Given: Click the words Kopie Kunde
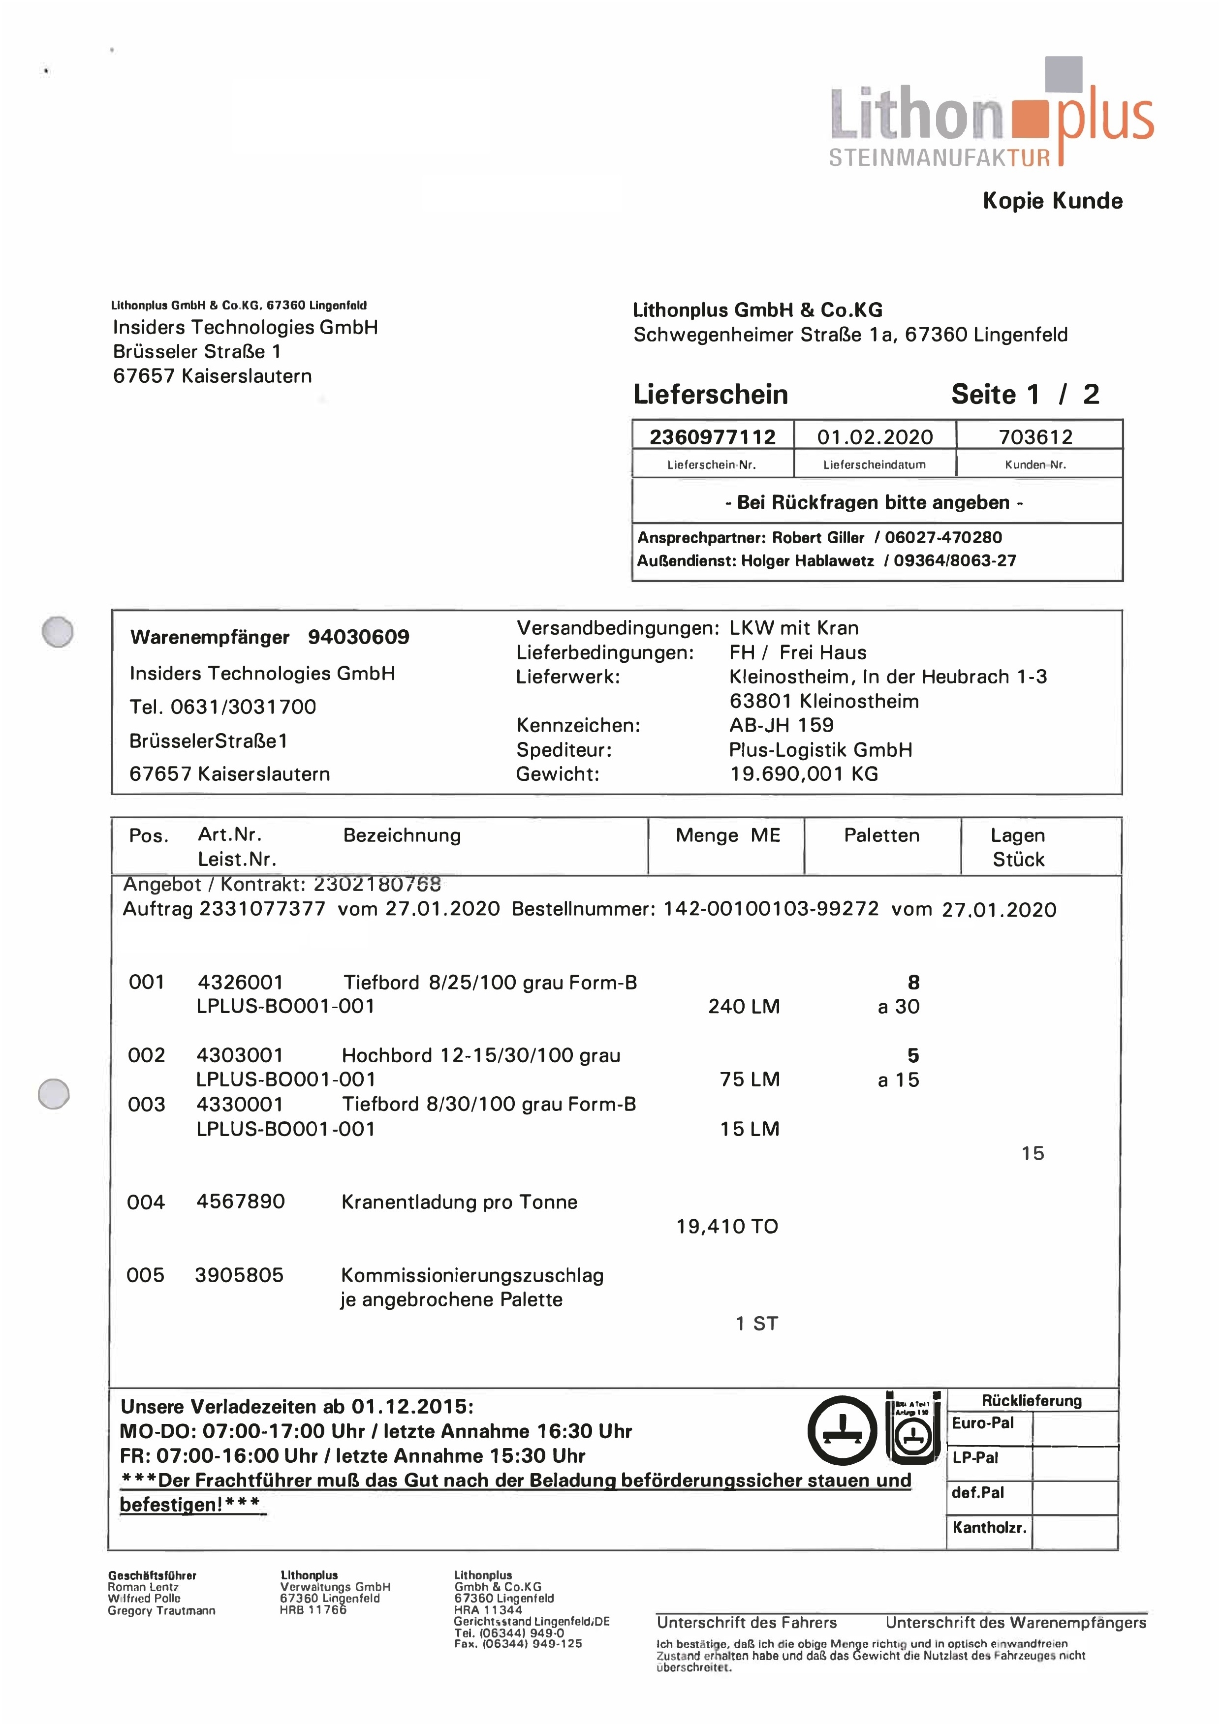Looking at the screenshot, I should [1052, 201].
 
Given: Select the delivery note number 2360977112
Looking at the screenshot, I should [712, 437].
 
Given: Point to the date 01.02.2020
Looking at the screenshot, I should [875, 437].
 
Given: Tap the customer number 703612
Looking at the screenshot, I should [1035, 437].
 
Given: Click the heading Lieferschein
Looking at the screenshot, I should [710, 394].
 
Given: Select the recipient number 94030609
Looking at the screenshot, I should [358, 637].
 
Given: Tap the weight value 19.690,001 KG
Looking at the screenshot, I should [804, 774].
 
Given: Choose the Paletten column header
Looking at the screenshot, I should [881, 835].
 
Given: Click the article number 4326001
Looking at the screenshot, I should [240, 982].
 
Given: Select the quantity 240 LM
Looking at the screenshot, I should [744, 1006].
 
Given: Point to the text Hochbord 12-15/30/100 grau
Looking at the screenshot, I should [481, 1055].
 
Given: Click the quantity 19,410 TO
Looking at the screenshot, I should [727, 1227].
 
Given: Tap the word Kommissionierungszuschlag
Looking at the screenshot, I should [472, 1275].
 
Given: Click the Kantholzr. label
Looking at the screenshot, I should [989, 1527].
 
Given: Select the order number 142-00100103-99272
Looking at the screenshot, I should [771, 908].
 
